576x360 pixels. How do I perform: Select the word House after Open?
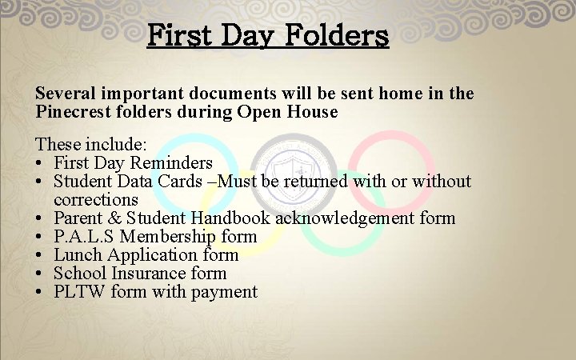tap(312, 111)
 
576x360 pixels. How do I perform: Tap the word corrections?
tap(96, 199)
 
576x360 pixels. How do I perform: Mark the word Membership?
tap(170, 236)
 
